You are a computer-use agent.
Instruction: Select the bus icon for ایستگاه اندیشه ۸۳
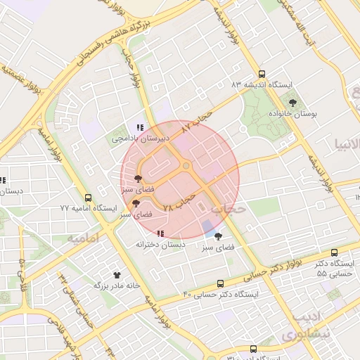click(x=262, y=74)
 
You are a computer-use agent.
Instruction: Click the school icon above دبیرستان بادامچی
click(x=140, y=127)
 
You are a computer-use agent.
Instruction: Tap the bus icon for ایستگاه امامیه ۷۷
click(x=88, y=198)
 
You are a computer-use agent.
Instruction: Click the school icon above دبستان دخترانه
click(x=161, y=233)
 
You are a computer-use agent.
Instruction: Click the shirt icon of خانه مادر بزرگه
click(x=117, y=275)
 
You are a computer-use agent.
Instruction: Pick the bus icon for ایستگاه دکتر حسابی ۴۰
click(x=221, y=283)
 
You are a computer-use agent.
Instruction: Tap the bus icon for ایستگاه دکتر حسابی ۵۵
click(x=334, y=253)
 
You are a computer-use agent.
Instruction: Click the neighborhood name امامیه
click(x=82, y=239)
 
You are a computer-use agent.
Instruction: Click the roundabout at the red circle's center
click(x=186, y=166)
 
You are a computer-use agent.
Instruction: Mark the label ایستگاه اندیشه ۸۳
click(x=262, y=84)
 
